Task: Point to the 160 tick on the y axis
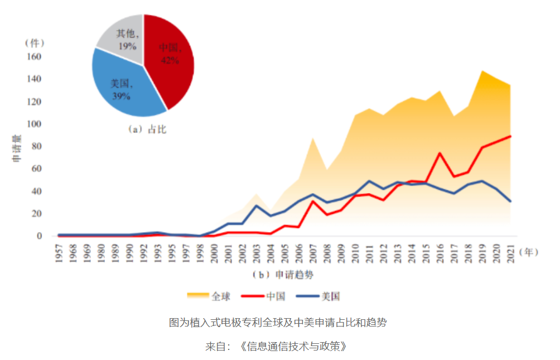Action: [x=35, y=57]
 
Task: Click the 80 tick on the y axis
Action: [x=36, y=146]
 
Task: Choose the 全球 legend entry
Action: [x=210, y=296]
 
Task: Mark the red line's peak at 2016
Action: [x=440, y=153]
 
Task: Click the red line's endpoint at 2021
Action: [x=510, y=136]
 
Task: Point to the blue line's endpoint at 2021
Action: [x=510, y=201]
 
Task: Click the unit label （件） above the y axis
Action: [x=35, y=43]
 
